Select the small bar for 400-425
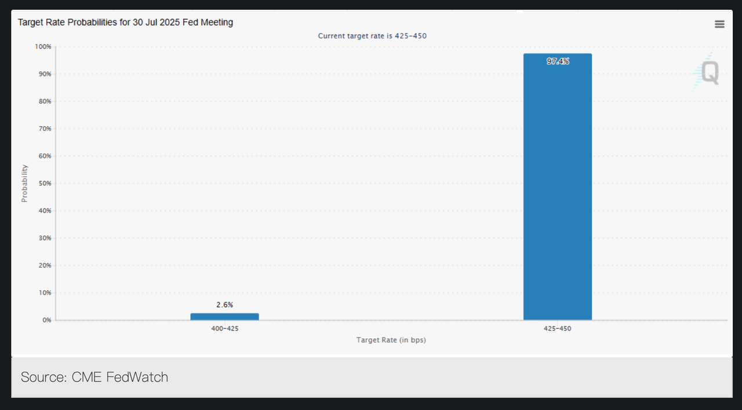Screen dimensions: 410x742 tap(224, 317)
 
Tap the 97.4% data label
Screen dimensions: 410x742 tap(558, 61)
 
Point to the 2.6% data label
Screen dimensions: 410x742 tap(224, 305)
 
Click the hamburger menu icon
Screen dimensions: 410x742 tap(719, 24)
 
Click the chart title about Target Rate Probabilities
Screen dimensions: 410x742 tap(125, 23)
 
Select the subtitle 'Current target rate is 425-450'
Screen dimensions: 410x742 tap(372, 36)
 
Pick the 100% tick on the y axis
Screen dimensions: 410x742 tap(43, 46)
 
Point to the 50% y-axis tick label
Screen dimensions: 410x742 tap(45, 184)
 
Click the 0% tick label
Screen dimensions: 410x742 tap(46, 320)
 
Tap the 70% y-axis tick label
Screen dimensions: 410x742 tap(45, 129)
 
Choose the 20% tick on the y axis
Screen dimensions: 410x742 tap(45, 265)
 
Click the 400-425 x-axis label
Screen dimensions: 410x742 tap(224, 328)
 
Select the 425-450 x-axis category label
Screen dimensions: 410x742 tap(557, 328)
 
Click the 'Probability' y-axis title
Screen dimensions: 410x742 tap(24, 183)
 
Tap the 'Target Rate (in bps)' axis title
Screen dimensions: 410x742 tap(391, 340)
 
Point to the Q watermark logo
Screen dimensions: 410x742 tap(709, 72)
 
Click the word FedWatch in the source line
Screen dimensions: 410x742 tap(137, 378)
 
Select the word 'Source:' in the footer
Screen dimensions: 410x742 tap(43, 378)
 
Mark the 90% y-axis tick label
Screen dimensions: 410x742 tap(45, 74)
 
